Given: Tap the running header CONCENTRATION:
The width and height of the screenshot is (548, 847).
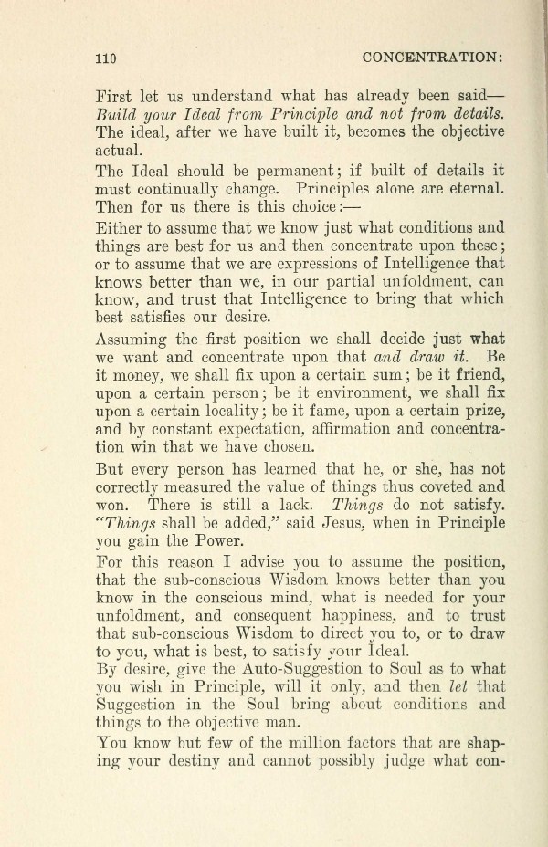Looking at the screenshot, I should [433, 56].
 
